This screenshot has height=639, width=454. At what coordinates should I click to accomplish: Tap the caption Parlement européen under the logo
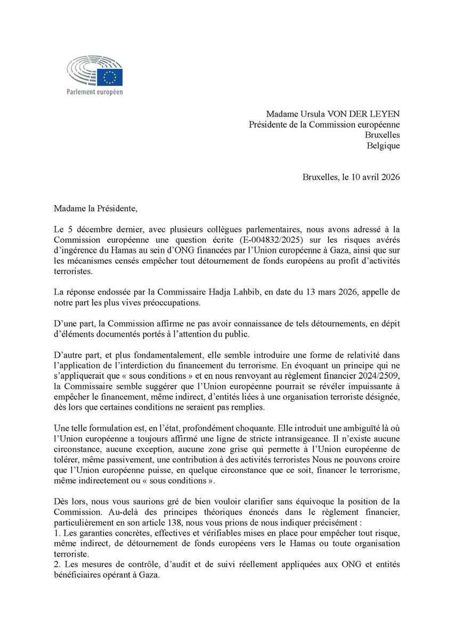pyautogui.click(x=94, y=92)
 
